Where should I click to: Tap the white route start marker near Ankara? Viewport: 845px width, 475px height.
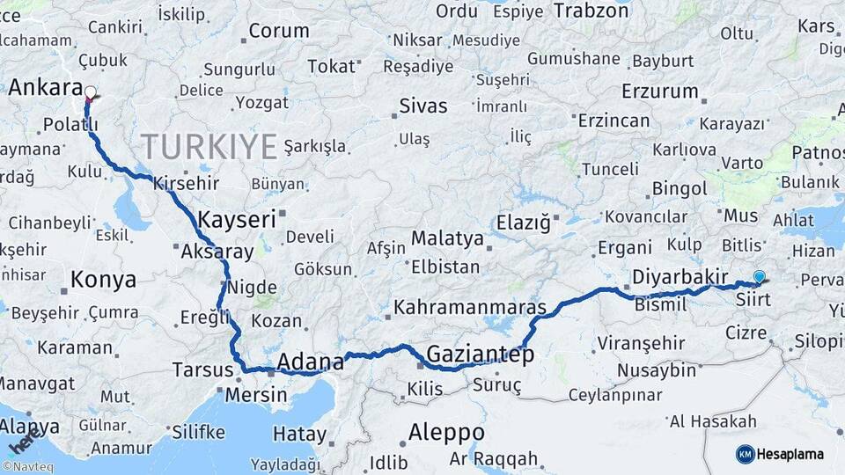coord(90,91)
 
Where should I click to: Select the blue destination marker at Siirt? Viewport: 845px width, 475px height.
coord(760,276)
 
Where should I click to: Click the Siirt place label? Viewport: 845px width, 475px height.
coord(753,300)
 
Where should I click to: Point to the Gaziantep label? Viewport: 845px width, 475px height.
coord(480,354)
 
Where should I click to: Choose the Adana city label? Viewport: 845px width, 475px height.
coord(310,362)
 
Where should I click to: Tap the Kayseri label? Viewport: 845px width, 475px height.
coord(237,219)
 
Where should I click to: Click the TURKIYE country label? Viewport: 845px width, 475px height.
coord(209,146)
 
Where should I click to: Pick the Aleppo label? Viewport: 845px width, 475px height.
coord(446,433)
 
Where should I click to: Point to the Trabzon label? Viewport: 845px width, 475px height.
coord(591,11)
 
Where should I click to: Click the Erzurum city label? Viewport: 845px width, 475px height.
coord(659,91)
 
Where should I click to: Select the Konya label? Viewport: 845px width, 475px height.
coord(103,281)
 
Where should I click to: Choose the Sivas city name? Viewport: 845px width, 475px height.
coord(423,106)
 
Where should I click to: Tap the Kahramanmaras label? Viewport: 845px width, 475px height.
coord(470,308)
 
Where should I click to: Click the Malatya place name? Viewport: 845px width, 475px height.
coord(447,238)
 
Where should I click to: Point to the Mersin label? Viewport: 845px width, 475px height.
coord(256,394)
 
